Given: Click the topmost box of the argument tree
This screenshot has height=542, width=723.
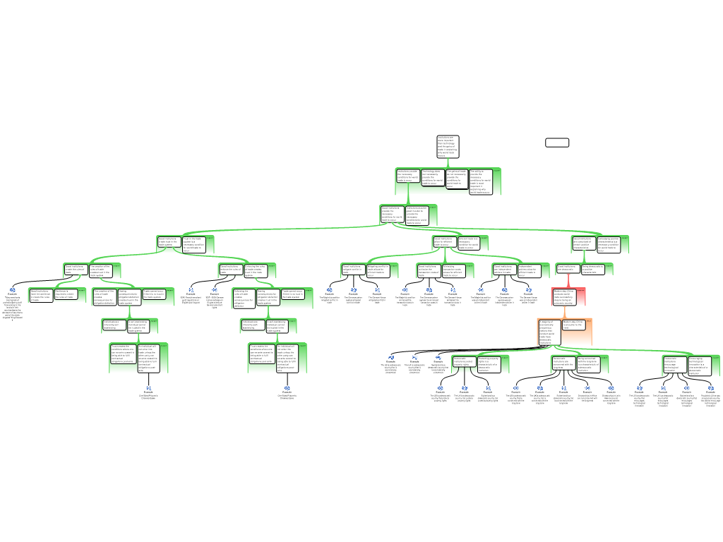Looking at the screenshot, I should tap(448, 147).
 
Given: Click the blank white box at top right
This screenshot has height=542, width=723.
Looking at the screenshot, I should tap(557, 143).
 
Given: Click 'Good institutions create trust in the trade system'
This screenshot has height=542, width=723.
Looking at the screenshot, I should tap(169, 243).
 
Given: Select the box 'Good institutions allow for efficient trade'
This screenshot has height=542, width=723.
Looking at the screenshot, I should tap(443, 243).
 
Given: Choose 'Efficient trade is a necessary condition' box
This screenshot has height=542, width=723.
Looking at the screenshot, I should tap(468, 243).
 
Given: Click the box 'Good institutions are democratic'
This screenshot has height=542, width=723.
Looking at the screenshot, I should tap(568, 268).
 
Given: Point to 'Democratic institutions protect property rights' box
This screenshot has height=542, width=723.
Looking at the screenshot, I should tap(464, 363).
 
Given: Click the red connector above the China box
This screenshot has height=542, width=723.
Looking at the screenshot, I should tap(568, 281).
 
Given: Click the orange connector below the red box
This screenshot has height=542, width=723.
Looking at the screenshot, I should tap(565, 311).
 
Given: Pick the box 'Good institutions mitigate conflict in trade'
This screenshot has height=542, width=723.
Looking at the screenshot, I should tap(353, 270).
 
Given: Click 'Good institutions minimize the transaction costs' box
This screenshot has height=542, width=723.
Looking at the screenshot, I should tap(429, 270).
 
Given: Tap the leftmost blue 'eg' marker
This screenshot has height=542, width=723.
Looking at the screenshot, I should tap(13, 290).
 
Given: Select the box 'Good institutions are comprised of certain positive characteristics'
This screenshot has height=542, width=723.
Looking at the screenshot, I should tap(584, 243).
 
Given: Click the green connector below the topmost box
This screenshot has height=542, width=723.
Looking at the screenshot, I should tap(448, 163).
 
